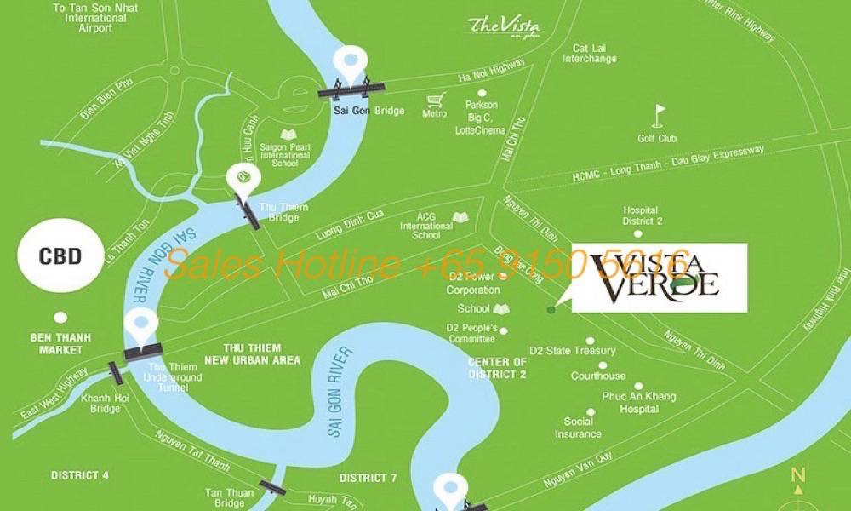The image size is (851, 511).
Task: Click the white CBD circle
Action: coord(60,255)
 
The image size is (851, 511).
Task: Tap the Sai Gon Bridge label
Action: coord(357,112)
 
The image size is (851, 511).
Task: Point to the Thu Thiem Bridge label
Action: coord(283,212)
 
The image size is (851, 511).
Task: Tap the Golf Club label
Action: coord(657,138)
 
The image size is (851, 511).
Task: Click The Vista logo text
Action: coord(504,26)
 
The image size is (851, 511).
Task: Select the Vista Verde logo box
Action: coord(659,278)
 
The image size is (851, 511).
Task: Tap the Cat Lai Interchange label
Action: coord(589,54)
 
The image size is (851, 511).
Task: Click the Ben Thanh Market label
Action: coord(57,344)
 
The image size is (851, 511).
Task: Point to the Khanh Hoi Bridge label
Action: coord(106,403)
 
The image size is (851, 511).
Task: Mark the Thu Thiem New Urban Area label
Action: coord(261,354)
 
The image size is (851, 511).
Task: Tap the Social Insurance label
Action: coord(579,428)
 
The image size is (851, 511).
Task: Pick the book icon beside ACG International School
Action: coord(460,218)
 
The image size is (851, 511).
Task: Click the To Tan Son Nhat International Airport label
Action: coord(94,18)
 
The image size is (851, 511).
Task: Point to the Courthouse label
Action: coord(598,376)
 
